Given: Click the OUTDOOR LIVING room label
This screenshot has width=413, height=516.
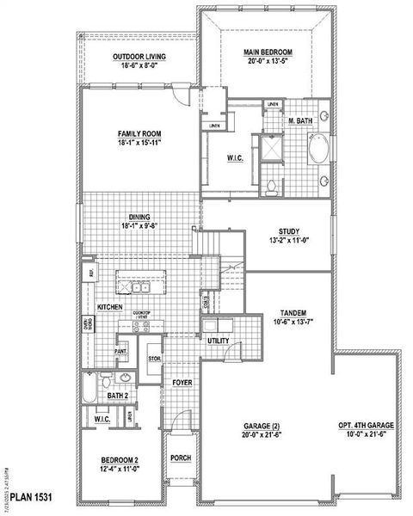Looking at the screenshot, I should [x=139, y=58].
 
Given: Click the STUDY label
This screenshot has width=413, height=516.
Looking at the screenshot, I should [x=287, y=231].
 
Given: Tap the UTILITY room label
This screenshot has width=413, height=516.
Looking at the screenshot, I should [x=218, y=341].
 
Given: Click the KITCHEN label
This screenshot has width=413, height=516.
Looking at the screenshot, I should [x=109, y=307].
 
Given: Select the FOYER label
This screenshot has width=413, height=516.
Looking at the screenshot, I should [x=181, y=382].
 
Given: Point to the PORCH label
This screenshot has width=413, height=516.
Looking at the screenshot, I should [x=181, y=458].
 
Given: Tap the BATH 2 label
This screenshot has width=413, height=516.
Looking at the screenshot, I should [x=118, y=396].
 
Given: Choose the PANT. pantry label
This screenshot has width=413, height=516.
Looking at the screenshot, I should [x=121, y=351].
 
